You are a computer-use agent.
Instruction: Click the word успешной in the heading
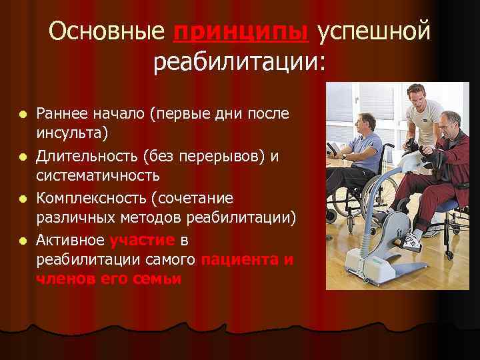(374, 33)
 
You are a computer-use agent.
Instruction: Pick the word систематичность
(98, 177)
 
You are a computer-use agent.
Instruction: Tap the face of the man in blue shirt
(367, 125)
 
